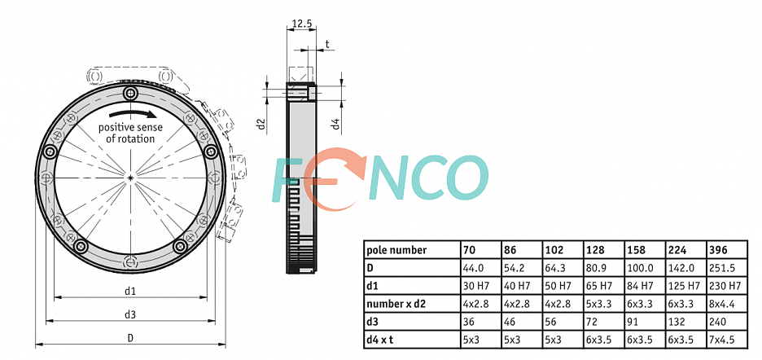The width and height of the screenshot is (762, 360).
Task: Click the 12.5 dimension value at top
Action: tap(301, 22)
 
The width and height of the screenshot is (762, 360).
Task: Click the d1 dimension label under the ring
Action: tap(129, 291)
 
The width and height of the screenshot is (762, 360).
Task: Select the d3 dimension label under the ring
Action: tap(129, 314)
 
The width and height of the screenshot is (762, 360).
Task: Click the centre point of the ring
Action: tap(130, 178)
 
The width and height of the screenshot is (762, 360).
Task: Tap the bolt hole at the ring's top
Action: tap(130, 93)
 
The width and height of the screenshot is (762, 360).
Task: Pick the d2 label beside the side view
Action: tap(262, 124)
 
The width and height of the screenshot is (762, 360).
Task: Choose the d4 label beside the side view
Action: tap(335, 124)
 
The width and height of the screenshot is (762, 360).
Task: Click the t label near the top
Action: tap(327, 44)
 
